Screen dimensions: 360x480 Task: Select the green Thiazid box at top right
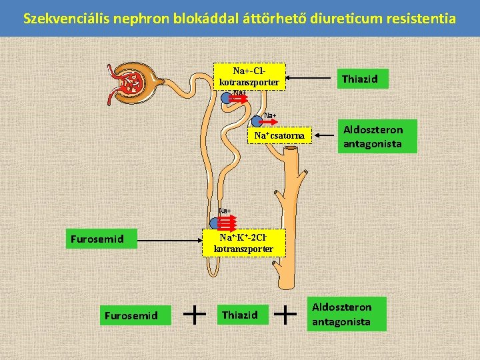(x=359, y=79)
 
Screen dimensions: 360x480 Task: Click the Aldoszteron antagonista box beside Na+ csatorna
(x=377, y=136)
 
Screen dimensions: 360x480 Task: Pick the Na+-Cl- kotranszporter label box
(x=249, y=77)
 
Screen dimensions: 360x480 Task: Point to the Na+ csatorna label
(x=279, y=136)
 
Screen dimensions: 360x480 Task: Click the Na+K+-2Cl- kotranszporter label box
(x=243, y=243)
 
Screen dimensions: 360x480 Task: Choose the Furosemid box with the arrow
(x=93, y=238)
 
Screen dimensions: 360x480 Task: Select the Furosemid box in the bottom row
(x=131, y=315)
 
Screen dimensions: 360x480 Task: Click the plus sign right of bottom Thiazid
(x=285, y=313)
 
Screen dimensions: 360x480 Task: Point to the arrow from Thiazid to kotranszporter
(x=309, y=79)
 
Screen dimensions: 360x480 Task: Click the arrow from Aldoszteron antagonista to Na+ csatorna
(x=326, y=136)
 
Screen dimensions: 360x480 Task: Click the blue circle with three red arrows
(x=215, y=223)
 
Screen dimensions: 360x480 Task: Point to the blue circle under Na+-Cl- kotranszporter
(x=227, y=98)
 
